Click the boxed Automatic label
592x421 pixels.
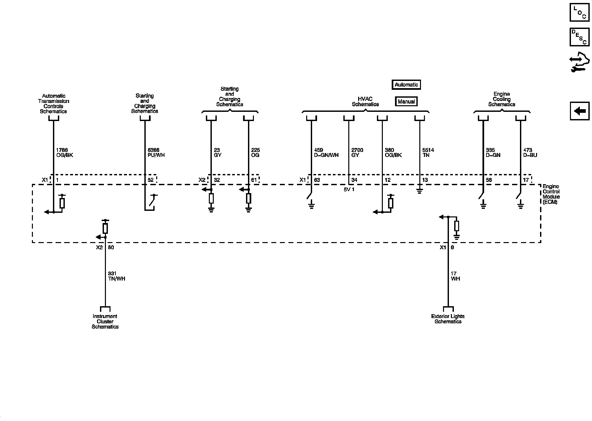coord(406,85)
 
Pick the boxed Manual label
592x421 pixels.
coord(406,102)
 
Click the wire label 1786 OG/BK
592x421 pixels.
coord(64,153)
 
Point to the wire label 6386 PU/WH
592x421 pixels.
coord(156,153)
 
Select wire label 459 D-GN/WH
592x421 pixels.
coord(326,153)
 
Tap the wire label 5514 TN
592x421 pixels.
coord(428,153)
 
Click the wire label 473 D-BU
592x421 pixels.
coord(530,153)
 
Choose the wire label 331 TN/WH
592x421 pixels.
coord(116,276)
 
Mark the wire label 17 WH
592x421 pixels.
coord(455,276)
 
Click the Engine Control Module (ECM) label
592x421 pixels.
coord(551,194)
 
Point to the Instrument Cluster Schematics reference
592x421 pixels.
coord(105,321)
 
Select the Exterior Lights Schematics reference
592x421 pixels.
coord(448,319)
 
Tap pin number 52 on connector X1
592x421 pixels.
coord(151,180)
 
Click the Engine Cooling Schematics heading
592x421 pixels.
coord(502,99)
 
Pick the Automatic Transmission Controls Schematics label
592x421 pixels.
coord(53,104)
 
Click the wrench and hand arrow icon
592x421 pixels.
coord(580,62)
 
